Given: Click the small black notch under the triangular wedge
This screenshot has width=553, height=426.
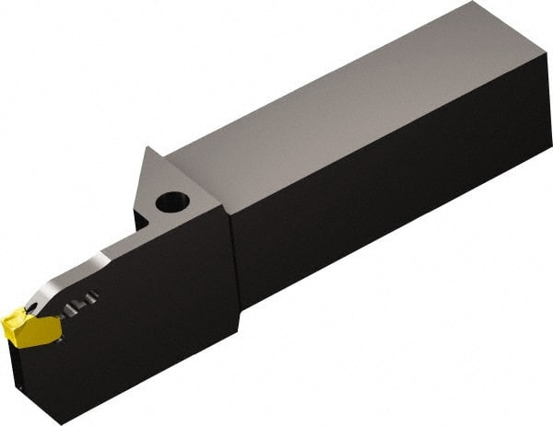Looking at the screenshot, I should (140, 220).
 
